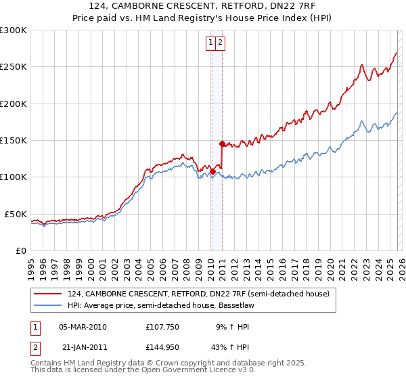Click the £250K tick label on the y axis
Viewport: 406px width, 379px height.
[14, 67]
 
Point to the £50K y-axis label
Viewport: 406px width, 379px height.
[16, 214]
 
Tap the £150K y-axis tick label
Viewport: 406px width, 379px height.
[14, 140]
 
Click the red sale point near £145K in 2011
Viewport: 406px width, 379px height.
[222, 143]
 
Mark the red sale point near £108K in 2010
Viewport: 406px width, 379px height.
[212, 171]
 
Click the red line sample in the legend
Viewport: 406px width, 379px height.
[47, 294]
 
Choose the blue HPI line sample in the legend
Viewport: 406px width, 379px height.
[47, 306]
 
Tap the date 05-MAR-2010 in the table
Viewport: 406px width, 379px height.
[83, 327]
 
